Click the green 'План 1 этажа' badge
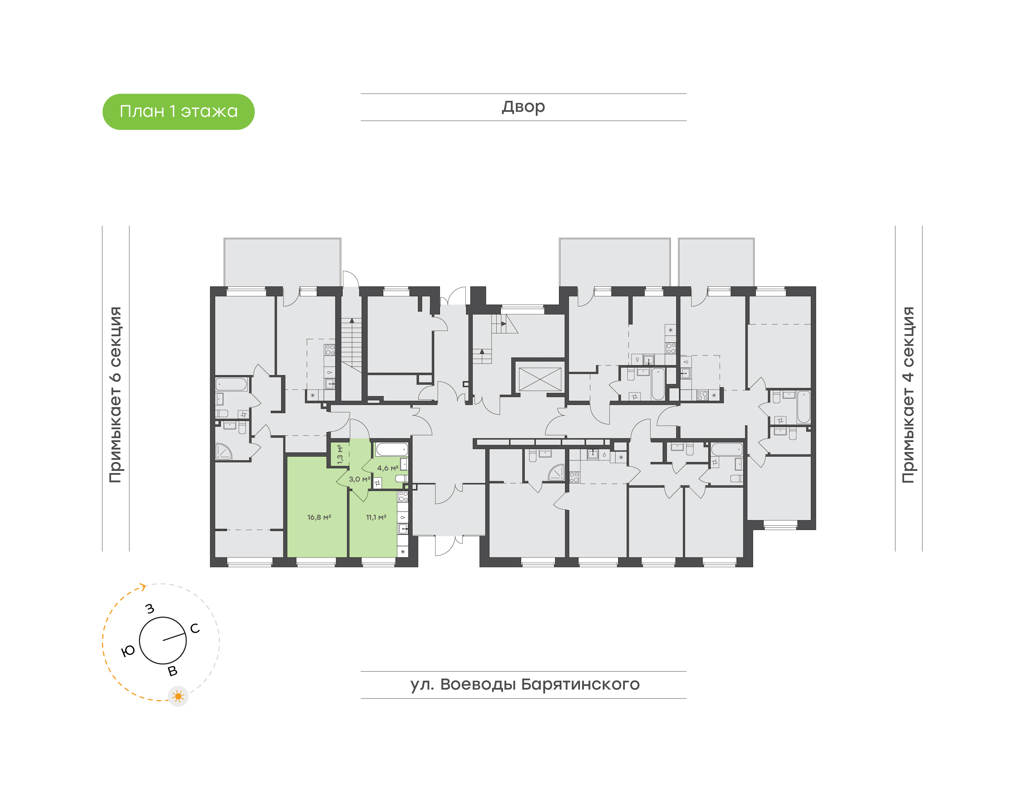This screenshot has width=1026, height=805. [x=178, y=112]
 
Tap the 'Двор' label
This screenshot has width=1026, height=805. [x=523, y=107]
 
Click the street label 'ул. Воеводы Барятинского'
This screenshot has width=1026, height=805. [x=524, y=684]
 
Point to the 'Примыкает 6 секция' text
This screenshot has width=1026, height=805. [x=115, y=395]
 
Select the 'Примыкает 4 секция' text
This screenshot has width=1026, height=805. [x=908, y=395]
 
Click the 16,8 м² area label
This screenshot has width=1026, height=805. [x=319, y=517]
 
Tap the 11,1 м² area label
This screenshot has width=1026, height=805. [x=376, y=517]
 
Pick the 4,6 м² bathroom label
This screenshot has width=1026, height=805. [x=387, y=468]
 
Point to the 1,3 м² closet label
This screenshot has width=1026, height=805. [x=340, y=455]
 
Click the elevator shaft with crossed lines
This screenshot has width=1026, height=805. [x=540, y=379]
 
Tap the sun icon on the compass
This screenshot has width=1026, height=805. [x=178, y=696]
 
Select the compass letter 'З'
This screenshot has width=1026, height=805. [x=150, y=608]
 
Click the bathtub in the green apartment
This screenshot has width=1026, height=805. [x=392, y=449]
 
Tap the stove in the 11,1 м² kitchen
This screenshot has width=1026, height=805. [x=403, y=496]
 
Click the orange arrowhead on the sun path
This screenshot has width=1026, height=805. [x=143, y=586]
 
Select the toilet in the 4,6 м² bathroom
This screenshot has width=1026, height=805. [x=401, y=478]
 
